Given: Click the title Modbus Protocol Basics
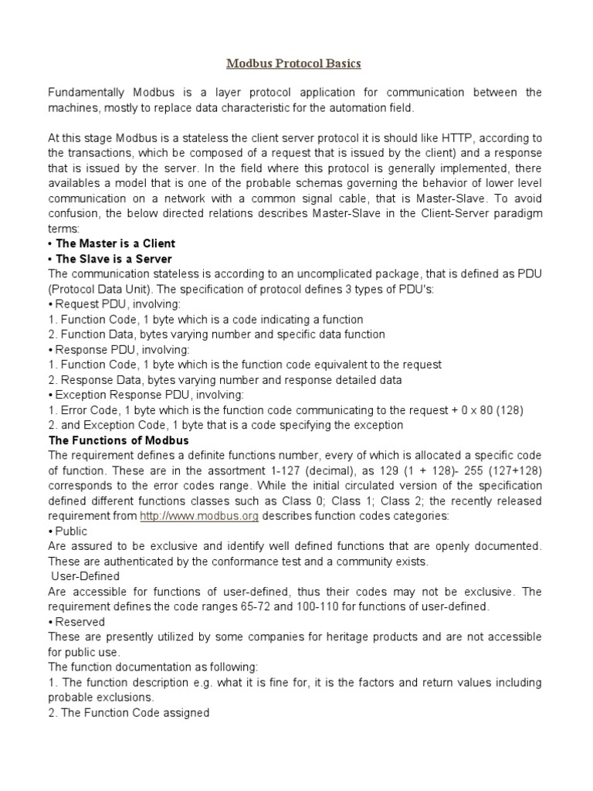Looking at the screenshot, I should pos(293,63).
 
